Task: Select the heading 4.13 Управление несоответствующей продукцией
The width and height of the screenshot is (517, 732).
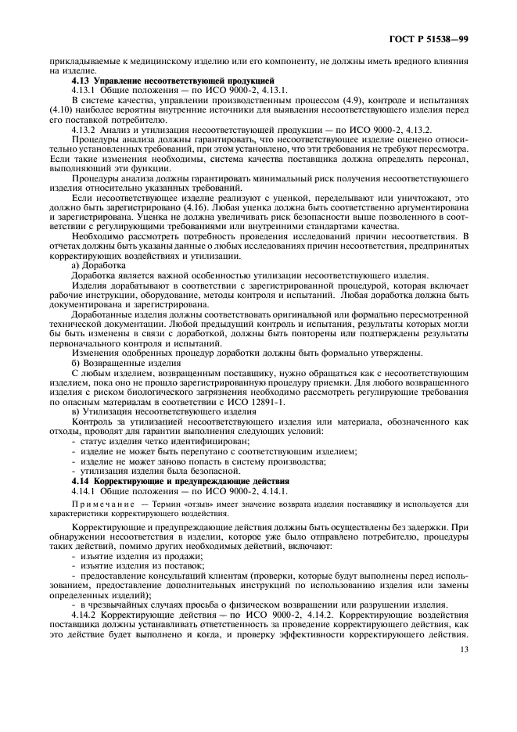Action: click(172, 81)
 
